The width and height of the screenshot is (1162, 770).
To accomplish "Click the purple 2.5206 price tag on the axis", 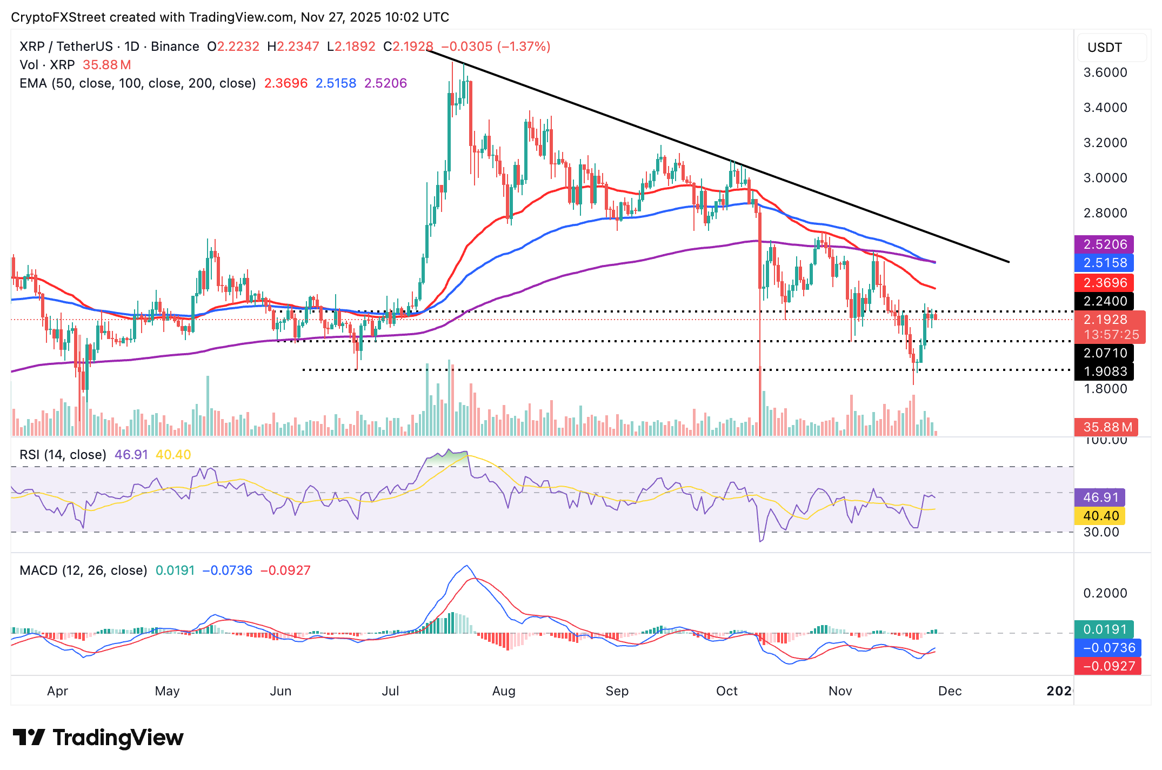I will coord(1104,244).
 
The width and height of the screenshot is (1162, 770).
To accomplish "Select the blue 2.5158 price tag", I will coord(1104,263).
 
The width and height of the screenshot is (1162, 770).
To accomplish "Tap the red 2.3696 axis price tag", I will coord(1104,282).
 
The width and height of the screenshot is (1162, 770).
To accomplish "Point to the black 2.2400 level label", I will coord(1104,301).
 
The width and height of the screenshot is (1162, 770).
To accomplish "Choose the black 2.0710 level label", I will coord(1104,353).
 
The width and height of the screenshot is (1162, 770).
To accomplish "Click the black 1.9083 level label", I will coord(1104,371).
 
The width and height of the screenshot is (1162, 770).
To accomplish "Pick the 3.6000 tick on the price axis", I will coord(1105,72).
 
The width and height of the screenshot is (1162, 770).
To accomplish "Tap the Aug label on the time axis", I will coord(504,691).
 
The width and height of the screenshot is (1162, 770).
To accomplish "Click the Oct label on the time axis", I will coord(726,691).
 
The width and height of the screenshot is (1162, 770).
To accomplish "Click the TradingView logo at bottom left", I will coord(98,738).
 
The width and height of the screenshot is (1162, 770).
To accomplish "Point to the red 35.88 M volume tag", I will coord(1107,427).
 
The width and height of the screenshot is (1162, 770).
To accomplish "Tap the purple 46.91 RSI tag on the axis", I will coord(1100,497).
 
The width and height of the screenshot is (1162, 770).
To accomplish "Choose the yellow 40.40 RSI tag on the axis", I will coord(1100,516).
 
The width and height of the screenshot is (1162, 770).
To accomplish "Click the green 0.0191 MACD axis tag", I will coord(1104,629).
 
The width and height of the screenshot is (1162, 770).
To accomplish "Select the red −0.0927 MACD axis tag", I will coord(1108,666).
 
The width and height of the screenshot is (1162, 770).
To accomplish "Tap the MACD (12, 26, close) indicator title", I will coord(83,570).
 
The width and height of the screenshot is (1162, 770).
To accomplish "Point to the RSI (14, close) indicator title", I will coord(63,455).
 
